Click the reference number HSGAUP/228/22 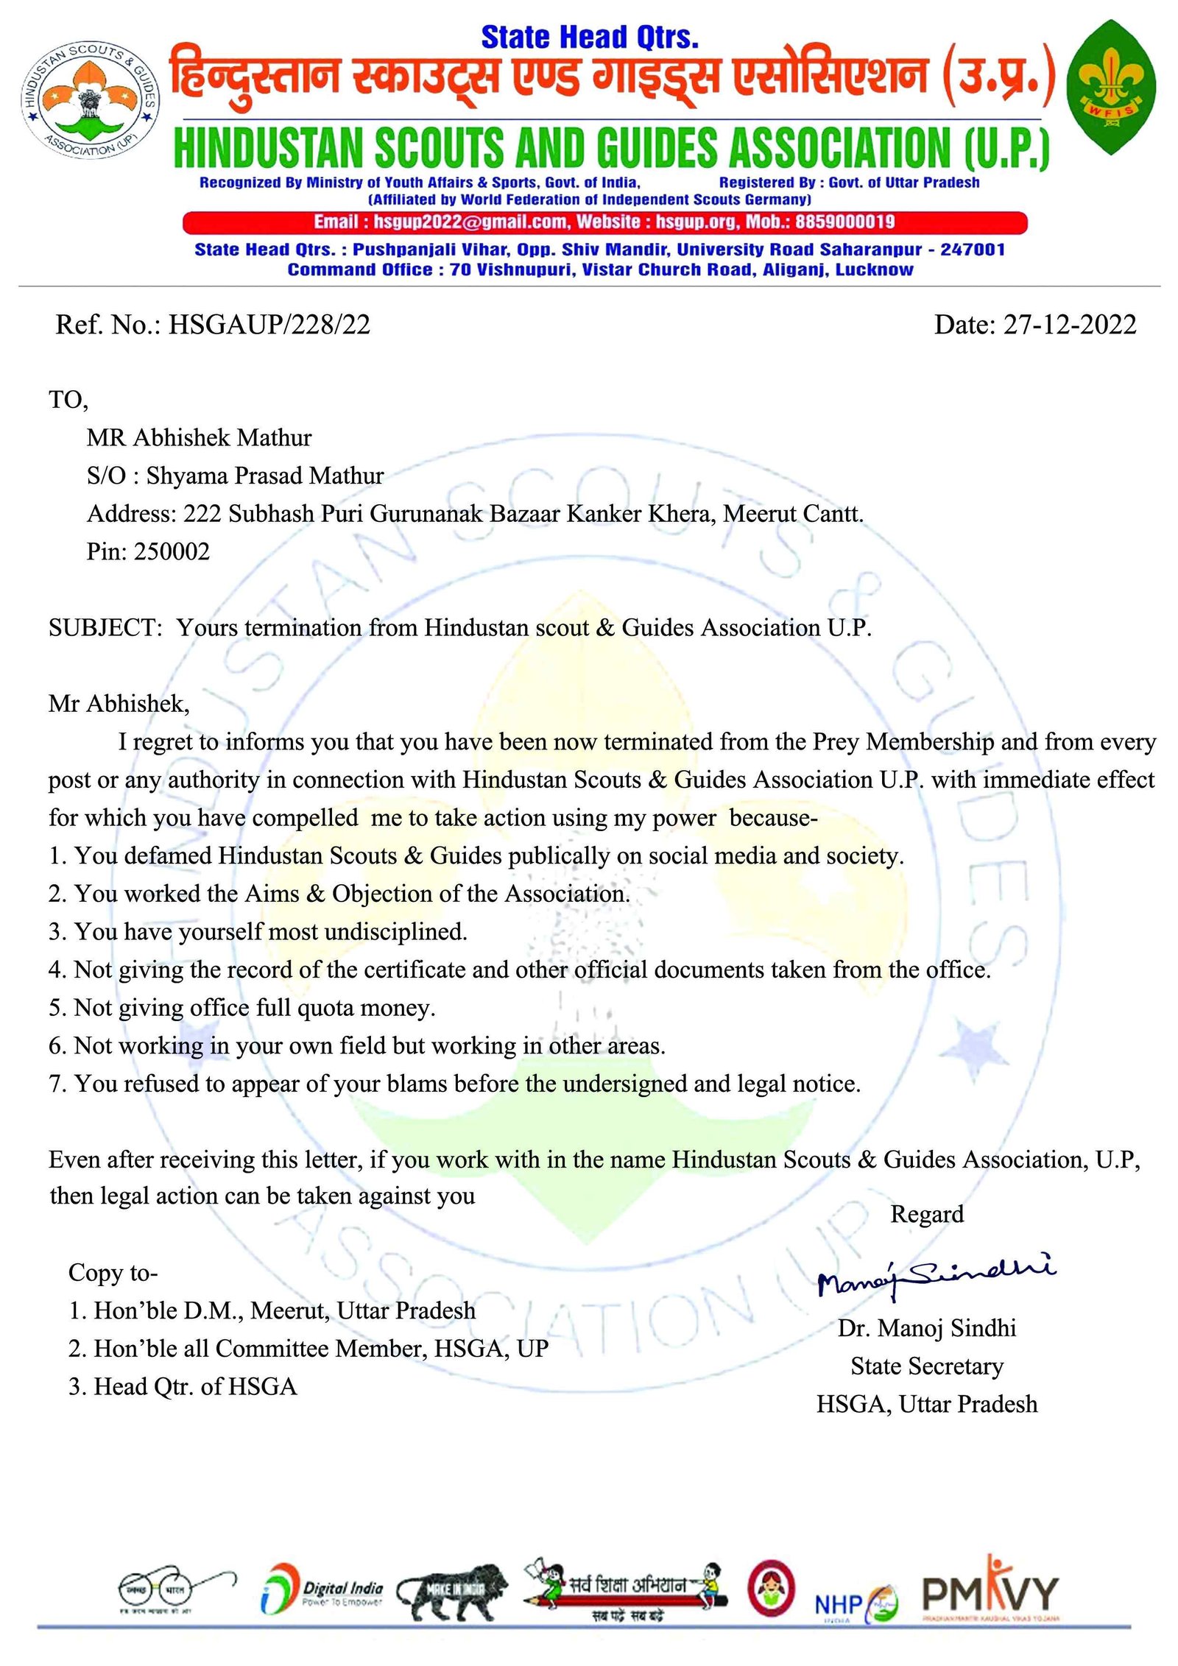tap(269, 325)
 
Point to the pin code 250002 tap(172, 551)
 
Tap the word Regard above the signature tap(927, 1214)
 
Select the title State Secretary tap(927, 1366)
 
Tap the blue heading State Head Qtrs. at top tap(590, 38)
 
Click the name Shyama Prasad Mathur tap(265, 476)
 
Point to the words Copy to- tap(113, 1273)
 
